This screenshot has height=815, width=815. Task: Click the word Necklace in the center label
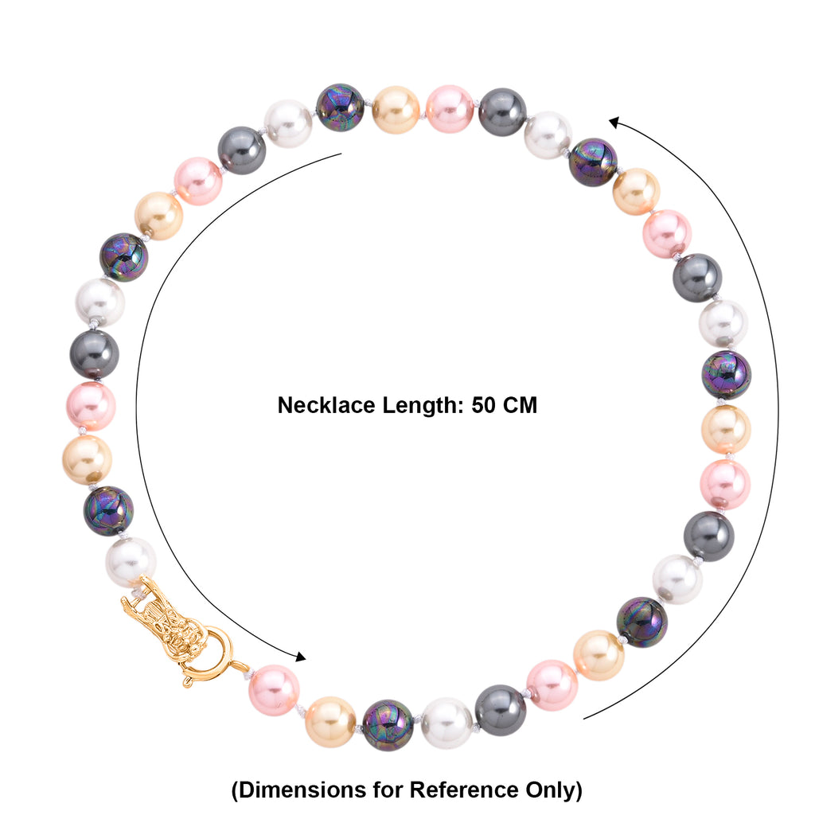326,405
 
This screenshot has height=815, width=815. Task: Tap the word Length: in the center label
423,406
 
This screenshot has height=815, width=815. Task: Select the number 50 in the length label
483,405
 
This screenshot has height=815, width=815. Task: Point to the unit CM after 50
521,405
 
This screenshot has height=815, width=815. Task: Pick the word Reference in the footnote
464,790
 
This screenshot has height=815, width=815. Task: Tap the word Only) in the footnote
554,790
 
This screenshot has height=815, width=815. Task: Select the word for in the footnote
388,790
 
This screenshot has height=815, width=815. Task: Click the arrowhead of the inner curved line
300,657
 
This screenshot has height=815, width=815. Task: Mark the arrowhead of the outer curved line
615,123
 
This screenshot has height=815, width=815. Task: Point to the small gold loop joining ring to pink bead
240,668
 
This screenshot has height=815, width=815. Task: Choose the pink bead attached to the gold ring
274,690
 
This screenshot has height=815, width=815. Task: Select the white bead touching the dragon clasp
131,563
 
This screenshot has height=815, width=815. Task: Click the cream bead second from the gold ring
330,722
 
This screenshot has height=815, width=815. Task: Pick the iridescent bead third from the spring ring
388,725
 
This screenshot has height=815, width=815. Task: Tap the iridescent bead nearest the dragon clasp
108,511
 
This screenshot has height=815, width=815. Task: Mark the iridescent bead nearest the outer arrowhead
593,162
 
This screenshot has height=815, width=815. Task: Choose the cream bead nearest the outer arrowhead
636,191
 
